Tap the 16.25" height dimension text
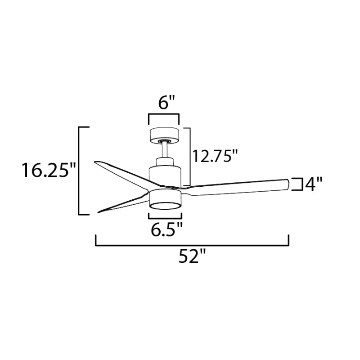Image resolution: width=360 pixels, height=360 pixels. [x=49, y=170]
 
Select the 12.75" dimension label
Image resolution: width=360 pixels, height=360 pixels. [x=215, y=156]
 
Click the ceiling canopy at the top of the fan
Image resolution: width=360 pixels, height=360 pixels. [x=164, y=136]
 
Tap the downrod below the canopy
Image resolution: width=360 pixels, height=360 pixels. [x=164, y=151]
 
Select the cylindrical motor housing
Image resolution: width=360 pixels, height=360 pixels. [x=165, y=176]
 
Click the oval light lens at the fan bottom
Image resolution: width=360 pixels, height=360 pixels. [x=165, y=206]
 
